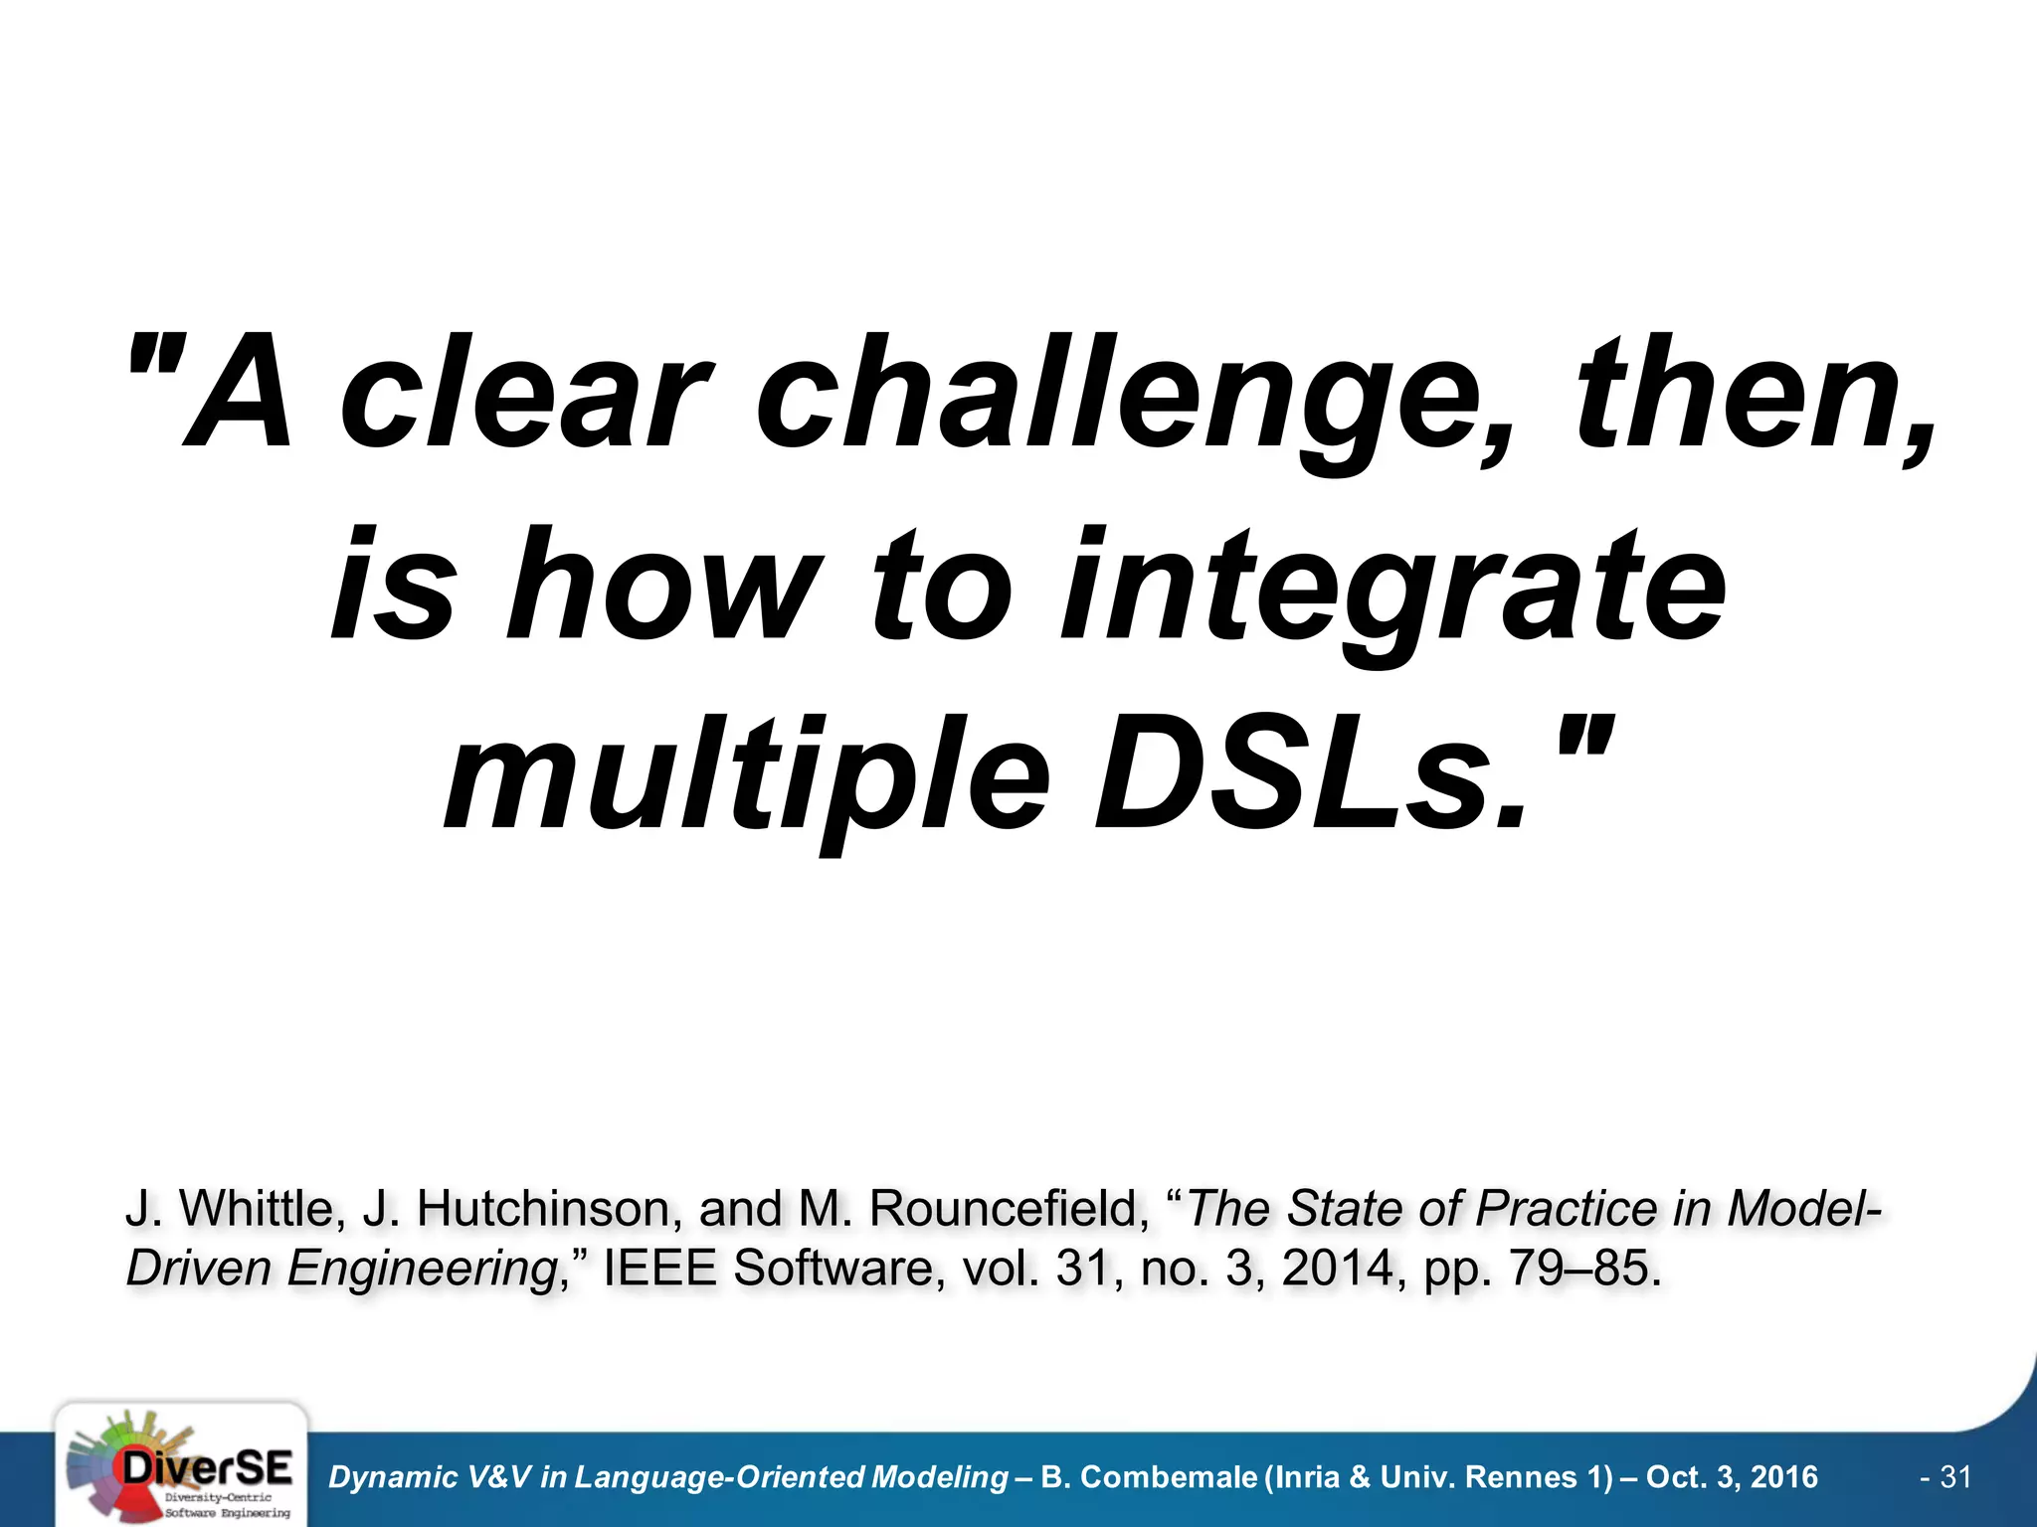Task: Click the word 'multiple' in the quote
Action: coord(746,775)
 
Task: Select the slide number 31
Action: coord(1955,1477)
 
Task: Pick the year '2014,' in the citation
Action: coord(1344,1269)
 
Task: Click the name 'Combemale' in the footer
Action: coord(1170,1478)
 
